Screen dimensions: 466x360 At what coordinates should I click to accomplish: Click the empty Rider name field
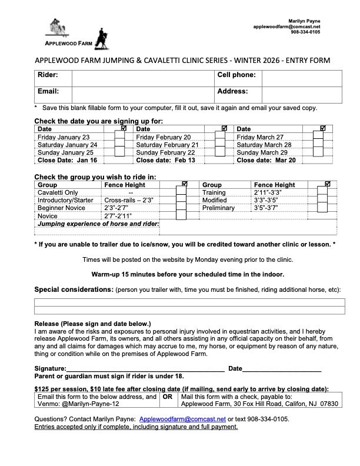(141, 78)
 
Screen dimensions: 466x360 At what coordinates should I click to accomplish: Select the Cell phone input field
(301, 78)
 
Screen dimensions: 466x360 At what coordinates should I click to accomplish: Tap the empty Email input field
(141, 94)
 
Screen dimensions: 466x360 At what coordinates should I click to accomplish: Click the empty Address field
(301, 94)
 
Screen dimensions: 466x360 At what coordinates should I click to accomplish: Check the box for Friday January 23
(119, 137)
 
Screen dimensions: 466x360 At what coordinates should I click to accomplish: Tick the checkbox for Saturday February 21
(220, 144)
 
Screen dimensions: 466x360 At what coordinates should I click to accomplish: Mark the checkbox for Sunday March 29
(318, 152)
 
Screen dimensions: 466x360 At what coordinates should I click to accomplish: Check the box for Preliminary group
(322, 208)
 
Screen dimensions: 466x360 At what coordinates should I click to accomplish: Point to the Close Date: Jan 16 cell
(67, 159)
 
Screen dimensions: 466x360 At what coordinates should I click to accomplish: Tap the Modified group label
(214, 200)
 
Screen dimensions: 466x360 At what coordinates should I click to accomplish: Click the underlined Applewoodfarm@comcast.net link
(182, 418)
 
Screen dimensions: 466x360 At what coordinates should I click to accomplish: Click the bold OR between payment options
(166, 397)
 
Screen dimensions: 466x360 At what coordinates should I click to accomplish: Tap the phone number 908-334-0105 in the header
(305, 32)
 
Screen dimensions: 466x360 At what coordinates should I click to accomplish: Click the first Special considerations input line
(189, 302)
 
